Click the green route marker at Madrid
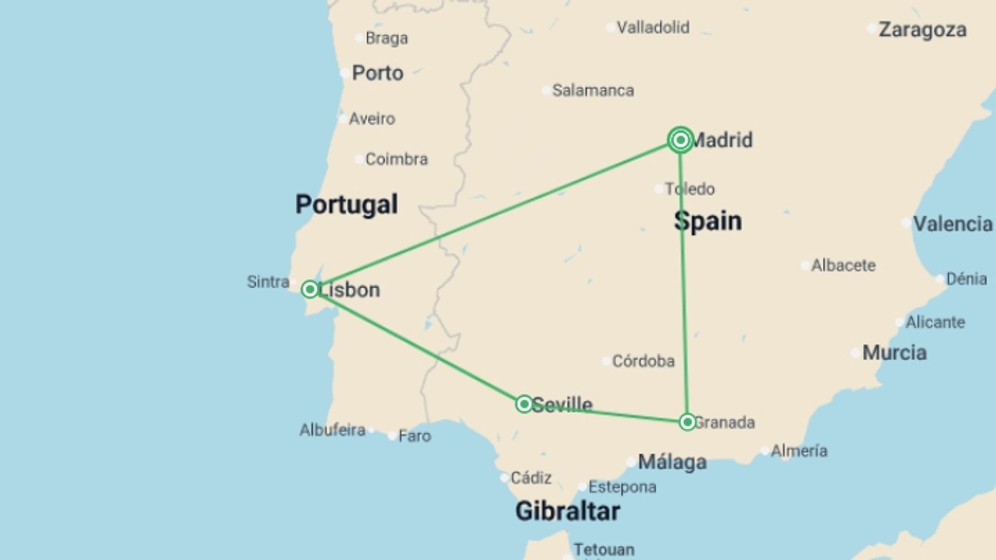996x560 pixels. pyautogui.click(x=680, y=139)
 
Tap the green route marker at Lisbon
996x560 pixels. pyautogui.click(x=310, y=289)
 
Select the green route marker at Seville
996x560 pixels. pyautogui.click(x=524, y=404)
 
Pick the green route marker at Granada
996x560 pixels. pyautogui.click(x=687, y=422)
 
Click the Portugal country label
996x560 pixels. pyautogui.click(x=347, y=204)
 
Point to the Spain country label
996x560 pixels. pyautogui.click(x=708, y=221)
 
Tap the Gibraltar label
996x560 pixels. pyautogui.click(x=568, y=511)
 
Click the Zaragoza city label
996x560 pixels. pyautogui.click(x=922, y=30)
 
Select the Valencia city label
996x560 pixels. pyautogui.click(x=952, y=224)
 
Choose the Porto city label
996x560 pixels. pyautogui.click(x=377, y=73)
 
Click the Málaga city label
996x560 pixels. pyautogui.click(x=672, y=461)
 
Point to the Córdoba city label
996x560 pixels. pyautogui.click(x=643, y=361)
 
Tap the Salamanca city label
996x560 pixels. pyautogui.click(x=593, y=90)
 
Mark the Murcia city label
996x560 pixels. pyautogui.click(x=894, y=353)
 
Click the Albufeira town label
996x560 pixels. pyautogui.click(x=333, y=430)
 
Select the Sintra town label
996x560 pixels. pyautogui.click(x=268, y=282)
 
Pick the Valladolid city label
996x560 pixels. pyautogui.click(x=653, y=27)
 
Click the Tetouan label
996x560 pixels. pyautogui.click(x=604, y=550)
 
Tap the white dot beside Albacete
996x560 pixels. pyautogui.click(x=805, y=265)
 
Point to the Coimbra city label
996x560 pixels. pyautogui.click(x=396, y=159)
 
